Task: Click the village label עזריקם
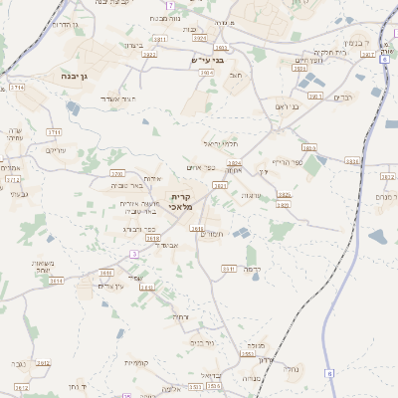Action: click(x=57, y=150)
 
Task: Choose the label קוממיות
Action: click(x=136, y=362)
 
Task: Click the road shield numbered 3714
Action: click(x=17, y=88)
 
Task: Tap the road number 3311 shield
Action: click(x=228, y=268)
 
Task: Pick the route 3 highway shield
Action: click(x=132, y=254)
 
